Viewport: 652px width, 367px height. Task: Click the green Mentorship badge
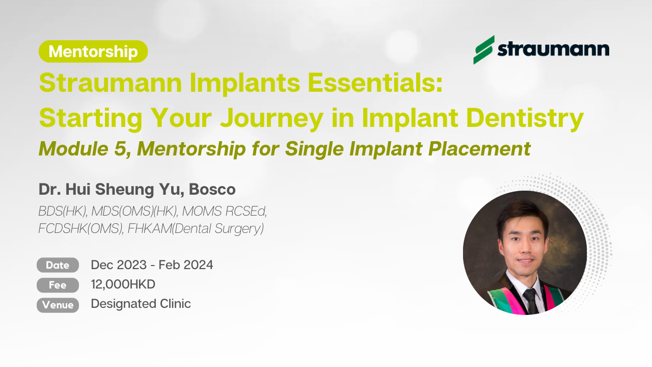93,51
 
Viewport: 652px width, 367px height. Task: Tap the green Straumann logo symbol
484,50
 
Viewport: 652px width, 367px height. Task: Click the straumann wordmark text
553,50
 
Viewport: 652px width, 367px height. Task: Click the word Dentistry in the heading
525,119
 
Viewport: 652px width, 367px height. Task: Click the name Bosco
212,189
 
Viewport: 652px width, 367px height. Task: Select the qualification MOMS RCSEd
225,212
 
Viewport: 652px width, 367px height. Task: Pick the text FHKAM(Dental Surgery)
196,229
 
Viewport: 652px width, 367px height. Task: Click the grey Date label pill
58,265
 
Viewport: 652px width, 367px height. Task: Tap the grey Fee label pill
58,285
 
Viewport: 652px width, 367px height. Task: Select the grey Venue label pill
58,305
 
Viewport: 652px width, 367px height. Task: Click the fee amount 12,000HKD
123,284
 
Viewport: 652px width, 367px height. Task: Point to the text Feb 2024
186,265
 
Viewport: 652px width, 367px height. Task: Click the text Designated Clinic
141,304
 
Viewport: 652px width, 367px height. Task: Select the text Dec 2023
119,265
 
